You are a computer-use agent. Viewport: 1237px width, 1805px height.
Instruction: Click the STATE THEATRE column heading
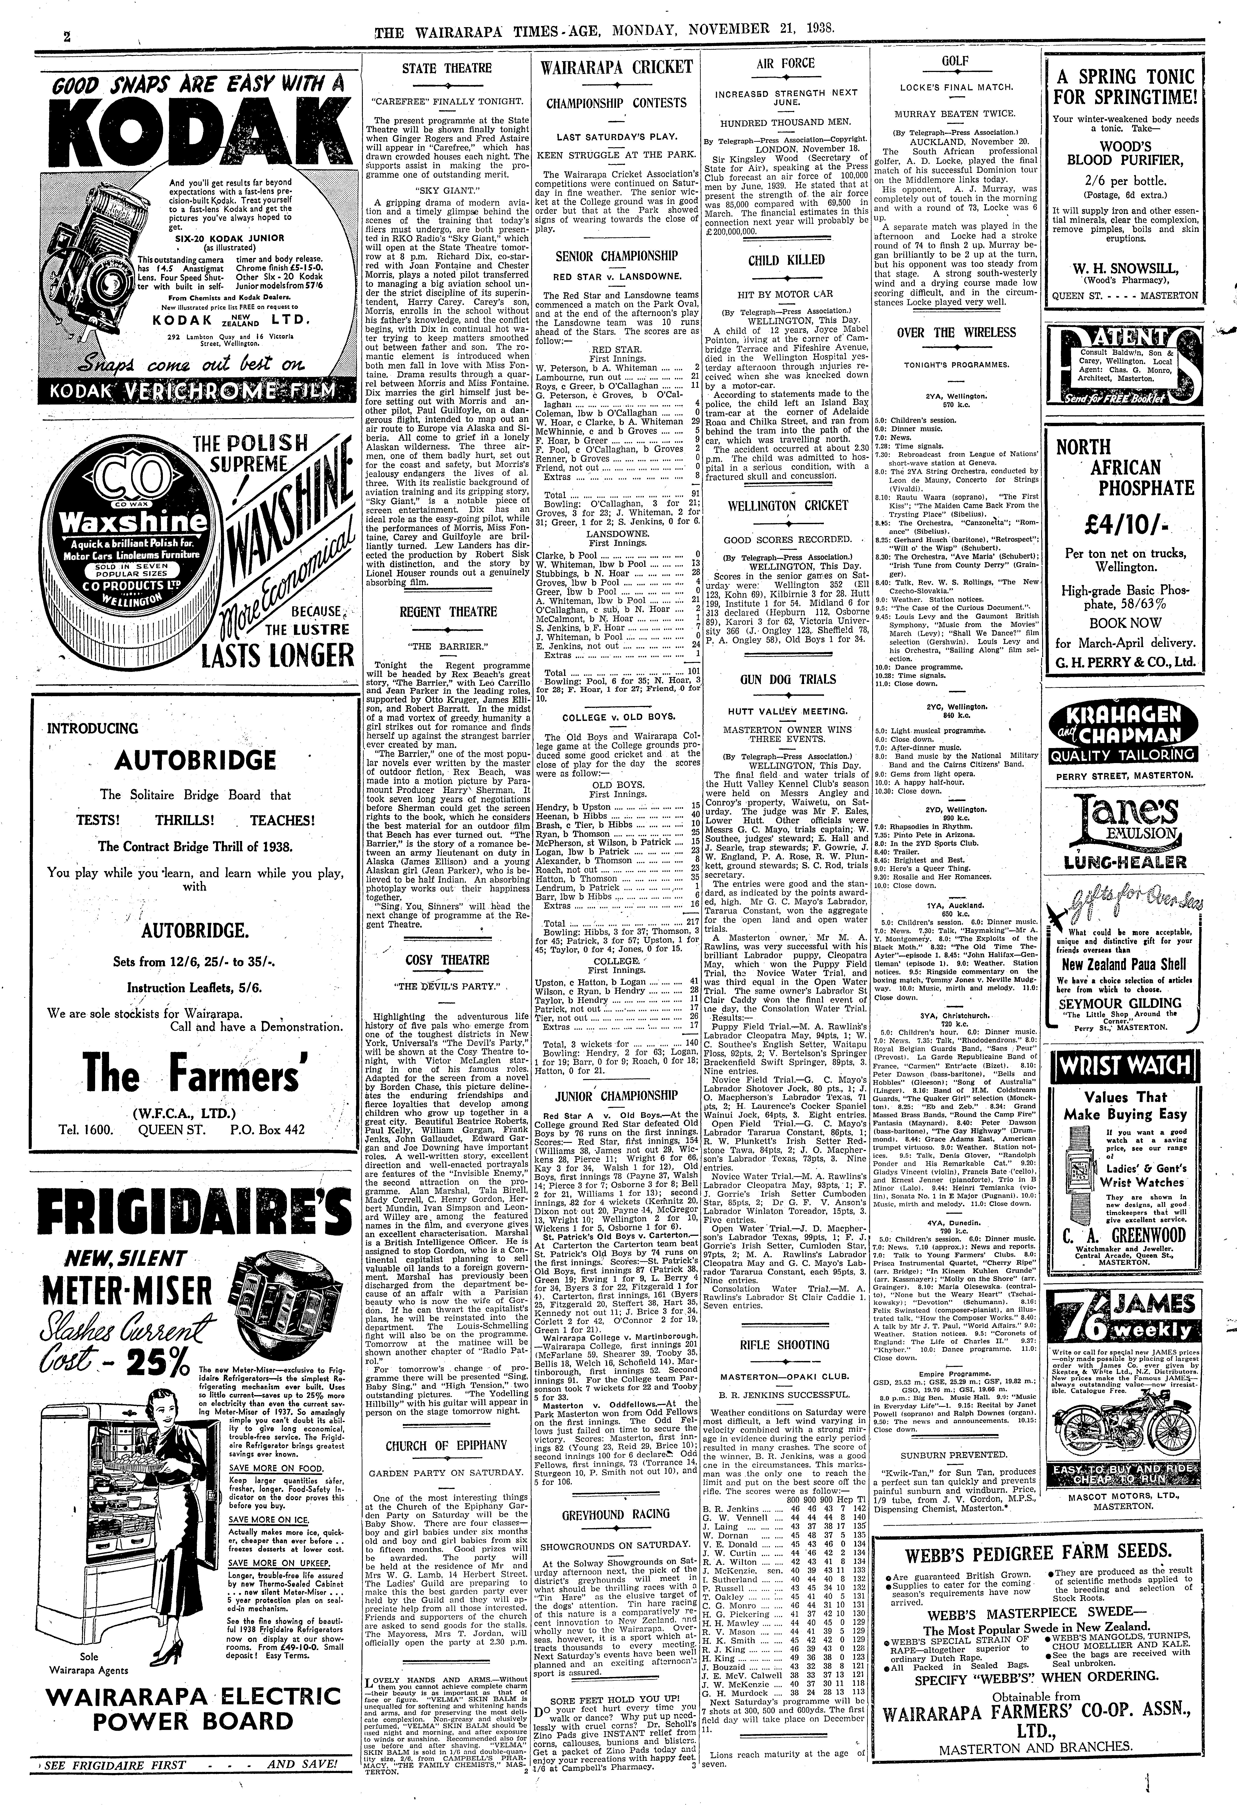tap(446, 68)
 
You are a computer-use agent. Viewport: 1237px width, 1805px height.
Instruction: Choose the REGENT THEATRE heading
tap(446, 611)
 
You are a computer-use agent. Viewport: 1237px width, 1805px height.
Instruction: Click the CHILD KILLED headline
tap(786, 260)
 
